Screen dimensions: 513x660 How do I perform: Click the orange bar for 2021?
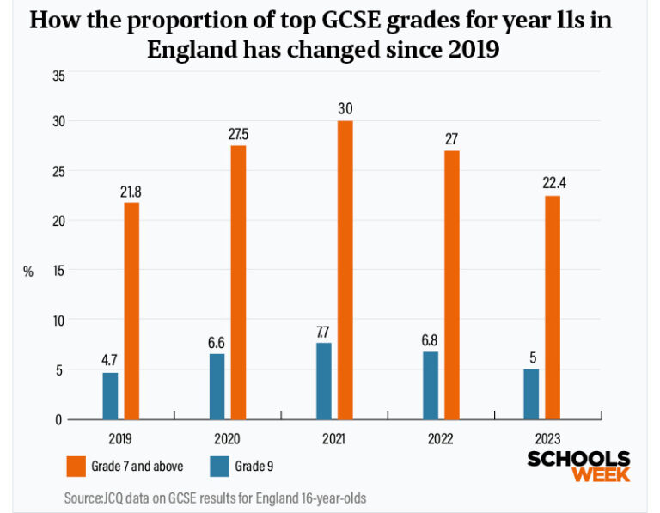pyautogui.click(x=345, y=270)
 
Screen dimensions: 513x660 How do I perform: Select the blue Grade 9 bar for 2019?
pyautogui.click(x=110, y=395)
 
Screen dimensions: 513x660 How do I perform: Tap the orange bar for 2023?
pyautogui.click(x=553, y=308)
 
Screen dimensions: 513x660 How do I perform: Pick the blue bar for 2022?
pyautogui.click(x=431, y=385)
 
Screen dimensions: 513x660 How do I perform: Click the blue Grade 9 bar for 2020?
pyautogui.click(x=217, y=386)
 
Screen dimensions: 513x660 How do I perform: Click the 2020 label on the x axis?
pyautogui.click(x=227, y=437)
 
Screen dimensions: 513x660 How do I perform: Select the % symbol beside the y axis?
pyautogui.click(x=28, y=272)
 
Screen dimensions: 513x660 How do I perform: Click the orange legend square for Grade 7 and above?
pyautogui.click(x=76, y=466)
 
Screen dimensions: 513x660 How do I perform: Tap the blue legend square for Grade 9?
pyautogui.click(x=221, y=466)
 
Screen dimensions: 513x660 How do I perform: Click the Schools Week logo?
pyautogui.click(x=577, y=465)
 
